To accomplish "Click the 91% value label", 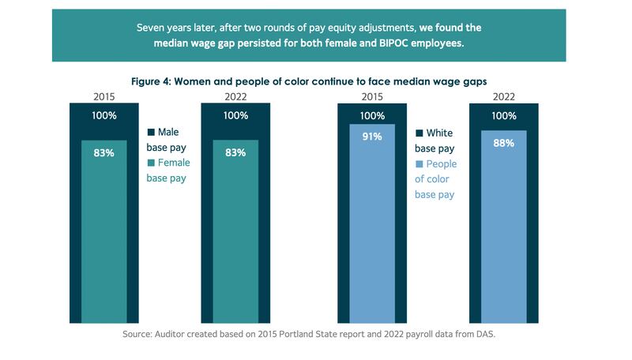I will pyautogui.click(x=372, y=136).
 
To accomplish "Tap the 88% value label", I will pyautogui.click(x=504, y=143).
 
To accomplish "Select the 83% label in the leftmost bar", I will pyautogui.click(x=103, y=152).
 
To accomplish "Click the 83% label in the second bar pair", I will pyautogui.click(x=235, y=152).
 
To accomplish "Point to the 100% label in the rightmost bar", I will pyautogui.click(x=504, y=116).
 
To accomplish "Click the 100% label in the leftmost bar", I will pyautogui.click(x=103, y=116).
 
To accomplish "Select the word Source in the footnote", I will pyautogui.click(x=140, y=335).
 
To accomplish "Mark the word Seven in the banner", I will pyautogui.click(x=152, y=27).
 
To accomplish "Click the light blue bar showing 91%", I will pyautogui.click(x=372, y=237).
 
